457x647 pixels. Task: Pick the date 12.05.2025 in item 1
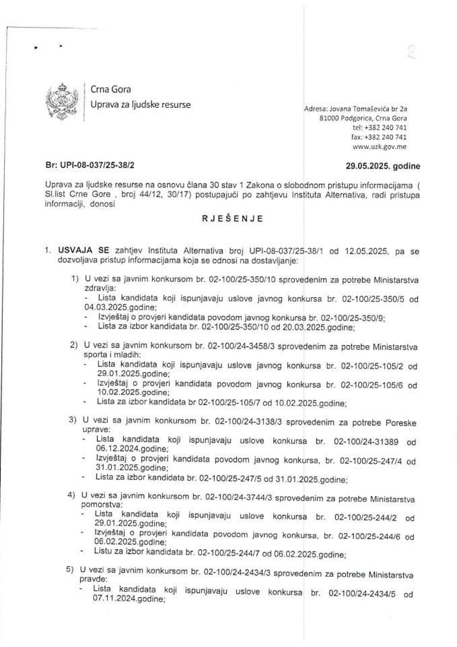[x=362, y=251]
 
